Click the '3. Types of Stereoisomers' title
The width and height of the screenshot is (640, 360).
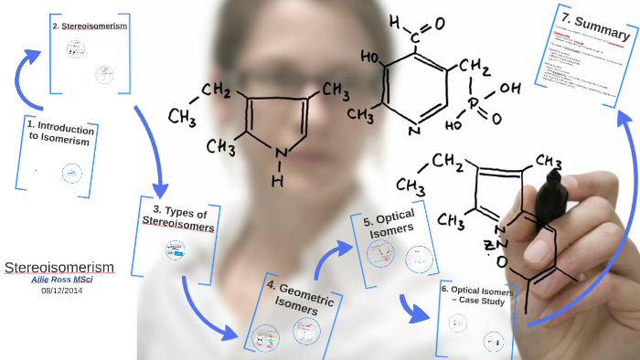point(178,217)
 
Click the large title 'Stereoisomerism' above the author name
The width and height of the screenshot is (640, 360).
point(59,267)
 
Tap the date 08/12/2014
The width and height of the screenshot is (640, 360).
point(61,291)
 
